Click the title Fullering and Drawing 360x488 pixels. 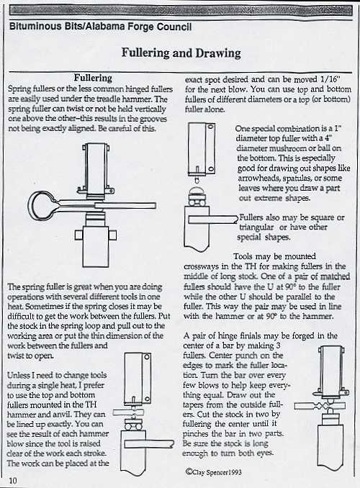[181, 54]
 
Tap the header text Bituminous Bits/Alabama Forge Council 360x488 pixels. [101, 27]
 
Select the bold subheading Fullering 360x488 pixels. [92, 77]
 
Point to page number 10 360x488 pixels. [14, 479]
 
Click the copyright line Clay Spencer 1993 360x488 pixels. [220, 473]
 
